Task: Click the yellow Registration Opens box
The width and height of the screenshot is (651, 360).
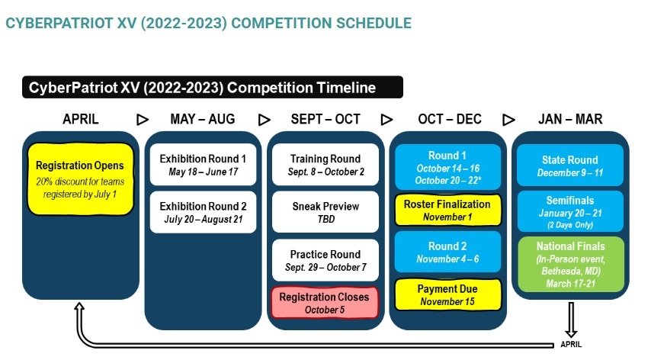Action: (81, 179)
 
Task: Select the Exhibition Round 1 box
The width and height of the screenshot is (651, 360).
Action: (203, 165)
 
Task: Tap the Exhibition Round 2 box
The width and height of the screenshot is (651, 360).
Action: (203, 212)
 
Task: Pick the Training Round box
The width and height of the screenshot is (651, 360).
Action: (325, 165)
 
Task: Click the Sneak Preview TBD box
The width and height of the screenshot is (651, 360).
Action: (325, 212)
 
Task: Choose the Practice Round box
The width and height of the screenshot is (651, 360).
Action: (325, 260)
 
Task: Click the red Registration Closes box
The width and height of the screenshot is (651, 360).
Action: (325, 303)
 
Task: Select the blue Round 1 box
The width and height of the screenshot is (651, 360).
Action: (447, 167)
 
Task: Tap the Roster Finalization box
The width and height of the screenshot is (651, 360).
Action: (447, 210)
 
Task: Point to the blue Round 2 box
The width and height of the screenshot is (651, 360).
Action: (447, 252)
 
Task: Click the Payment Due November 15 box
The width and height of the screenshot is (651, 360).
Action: (447, 295)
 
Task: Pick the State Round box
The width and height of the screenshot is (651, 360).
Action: (570, 166)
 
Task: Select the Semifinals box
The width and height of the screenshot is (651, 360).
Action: (570, 211)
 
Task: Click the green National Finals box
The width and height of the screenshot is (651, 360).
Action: (571, 265)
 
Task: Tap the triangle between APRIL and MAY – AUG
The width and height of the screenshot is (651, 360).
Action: (143, 120)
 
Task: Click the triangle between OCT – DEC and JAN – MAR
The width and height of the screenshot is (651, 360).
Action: (508, 120)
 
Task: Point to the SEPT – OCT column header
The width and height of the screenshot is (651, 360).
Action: (325, 119)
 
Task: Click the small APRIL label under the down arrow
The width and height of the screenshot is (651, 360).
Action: (571, 344)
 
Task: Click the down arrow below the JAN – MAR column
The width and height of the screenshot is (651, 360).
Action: (571, 320)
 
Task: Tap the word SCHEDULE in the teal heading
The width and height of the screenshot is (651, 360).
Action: (374, 23)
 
